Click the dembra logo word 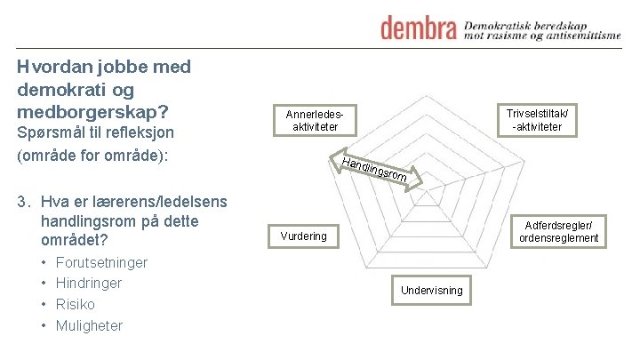419,28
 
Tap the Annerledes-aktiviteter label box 315,121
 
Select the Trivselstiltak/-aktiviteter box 537,120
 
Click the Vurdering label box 303,236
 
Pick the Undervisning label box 431,290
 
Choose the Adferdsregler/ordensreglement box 559,231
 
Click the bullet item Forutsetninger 101,262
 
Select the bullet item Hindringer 89,283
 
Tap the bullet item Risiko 76,304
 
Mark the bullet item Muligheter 89,325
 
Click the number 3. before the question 25,200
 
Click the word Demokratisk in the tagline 504,20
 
